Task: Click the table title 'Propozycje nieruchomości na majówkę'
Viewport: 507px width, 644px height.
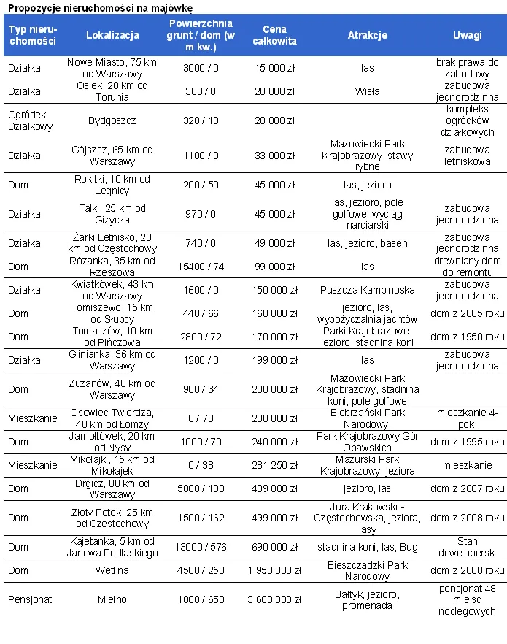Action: click(100, 7)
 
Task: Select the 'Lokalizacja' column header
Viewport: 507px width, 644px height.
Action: click(112, 35)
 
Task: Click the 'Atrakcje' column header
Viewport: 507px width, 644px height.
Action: click(367, 35)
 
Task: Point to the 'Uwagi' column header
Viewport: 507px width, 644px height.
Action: click(467, 35)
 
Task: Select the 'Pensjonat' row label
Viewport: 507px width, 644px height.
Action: click(26, 599)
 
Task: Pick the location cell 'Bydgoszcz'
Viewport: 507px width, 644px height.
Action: click(112, 120)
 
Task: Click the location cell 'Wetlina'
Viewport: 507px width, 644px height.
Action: click(112, 570)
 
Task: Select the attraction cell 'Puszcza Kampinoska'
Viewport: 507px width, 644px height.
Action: click(367, 290)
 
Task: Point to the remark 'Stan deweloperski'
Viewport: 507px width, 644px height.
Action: click(467, 547)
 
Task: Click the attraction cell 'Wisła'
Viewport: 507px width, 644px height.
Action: click(367, 91)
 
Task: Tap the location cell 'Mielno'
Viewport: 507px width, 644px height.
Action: click(112, 599)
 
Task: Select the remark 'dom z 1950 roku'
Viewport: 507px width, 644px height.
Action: click(467, 337)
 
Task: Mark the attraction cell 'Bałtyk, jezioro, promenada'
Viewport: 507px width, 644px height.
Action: click(367, 599)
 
